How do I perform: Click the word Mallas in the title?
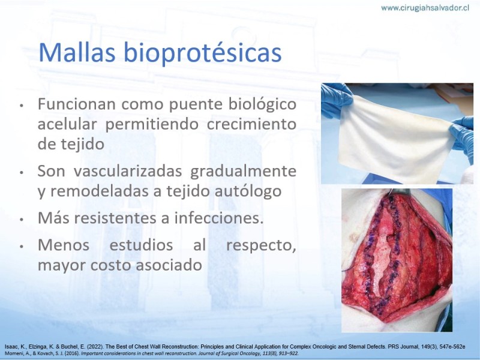point(77,52)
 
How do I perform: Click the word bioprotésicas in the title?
point(202,53)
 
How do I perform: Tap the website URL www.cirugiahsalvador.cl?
point(425,8)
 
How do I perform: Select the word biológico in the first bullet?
point(262,104)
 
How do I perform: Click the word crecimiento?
point(251,124)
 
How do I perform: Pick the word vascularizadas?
point(128,171)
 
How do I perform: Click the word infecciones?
point(218,218)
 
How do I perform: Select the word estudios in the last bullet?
point(141,245)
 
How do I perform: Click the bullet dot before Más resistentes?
point(22,219)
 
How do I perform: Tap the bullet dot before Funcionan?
point(22,106)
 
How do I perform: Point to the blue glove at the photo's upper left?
point(336,100)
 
